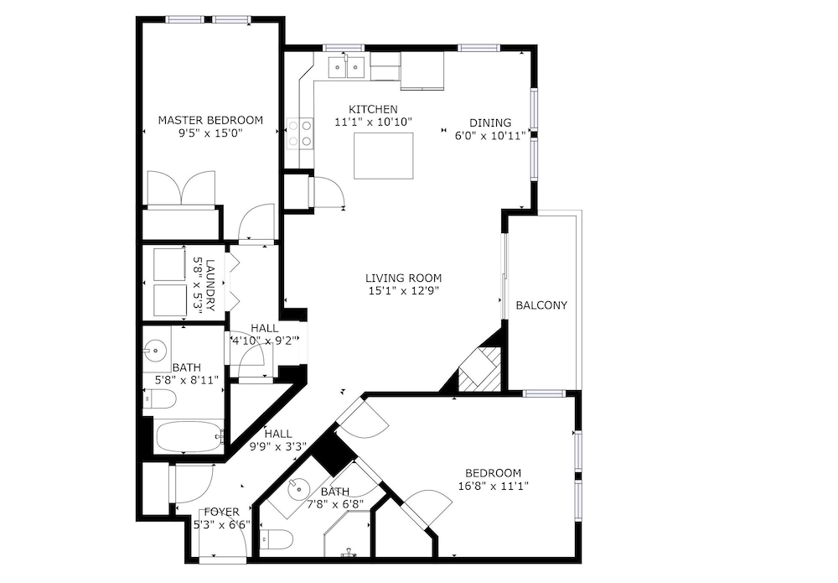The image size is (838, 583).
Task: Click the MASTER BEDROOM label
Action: point(210,120)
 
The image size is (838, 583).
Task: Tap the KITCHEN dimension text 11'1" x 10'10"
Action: point(374,122)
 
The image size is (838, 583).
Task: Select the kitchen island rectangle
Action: point(384,156)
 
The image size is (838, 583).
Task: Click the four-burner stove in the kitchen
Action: point(300,133)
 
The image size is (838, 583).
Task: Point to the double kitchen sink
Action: point(347,66)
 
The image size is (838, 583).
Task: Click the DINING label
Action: point(490,123)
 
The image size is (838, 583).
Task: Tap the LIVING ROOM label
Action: point(404,278)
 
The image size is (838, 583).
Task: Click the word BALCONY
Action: point(541,305)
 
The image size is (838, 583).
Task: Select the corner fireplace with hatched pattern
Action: point(479,368)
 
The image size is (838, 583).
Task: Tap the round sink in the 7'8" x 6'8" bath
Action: point(297,488)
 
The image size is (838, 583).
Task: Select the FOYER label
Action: point(222,513)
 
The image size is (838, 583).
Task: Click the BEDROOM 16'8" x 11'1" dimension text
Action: point(494,487)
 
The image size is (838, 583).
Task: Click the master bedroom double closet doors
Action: point(181,188)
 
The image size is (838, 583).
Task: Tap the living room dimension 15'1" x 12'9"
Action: point(404,291)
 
